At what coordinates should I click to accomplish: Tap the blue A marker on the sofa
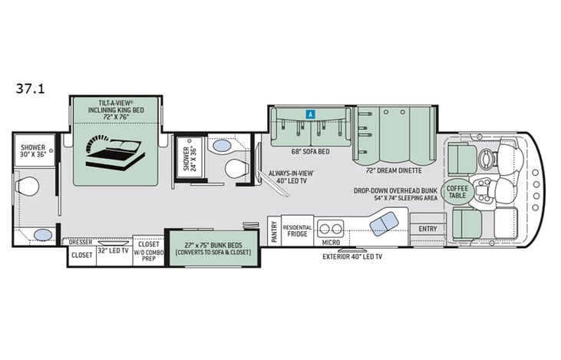coord(310,114)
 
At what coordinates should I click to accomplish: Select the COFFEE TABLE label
coord(457,191)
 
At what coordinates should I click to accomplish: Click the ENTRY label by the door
coord(427,228)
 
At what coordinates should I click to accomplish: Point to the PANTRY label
coord(273,233)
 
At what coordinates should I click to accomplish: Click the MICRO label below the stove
coord(331,243)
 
